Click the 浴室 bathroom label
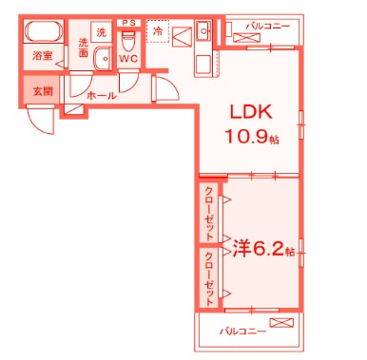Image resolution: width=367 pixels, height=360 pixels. pos(41,56)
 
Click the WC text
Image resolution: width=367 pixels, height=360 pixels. pos(129,58)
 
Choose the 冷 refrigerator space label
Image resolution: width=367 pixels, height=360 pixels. pos(157,31)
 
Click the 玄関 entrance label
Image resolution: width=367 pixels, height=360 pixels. pos(42,91)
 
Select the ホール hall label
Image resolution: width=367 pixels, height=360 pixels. pos(101,96)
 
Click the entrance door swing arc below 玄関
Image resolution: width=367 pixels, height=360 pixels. pos(40,122)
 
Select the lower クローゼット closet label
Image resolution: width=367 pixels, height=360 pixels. pos(209,276)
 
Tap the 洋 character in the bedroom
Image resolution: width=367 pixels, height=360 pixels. pos(241,250)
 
